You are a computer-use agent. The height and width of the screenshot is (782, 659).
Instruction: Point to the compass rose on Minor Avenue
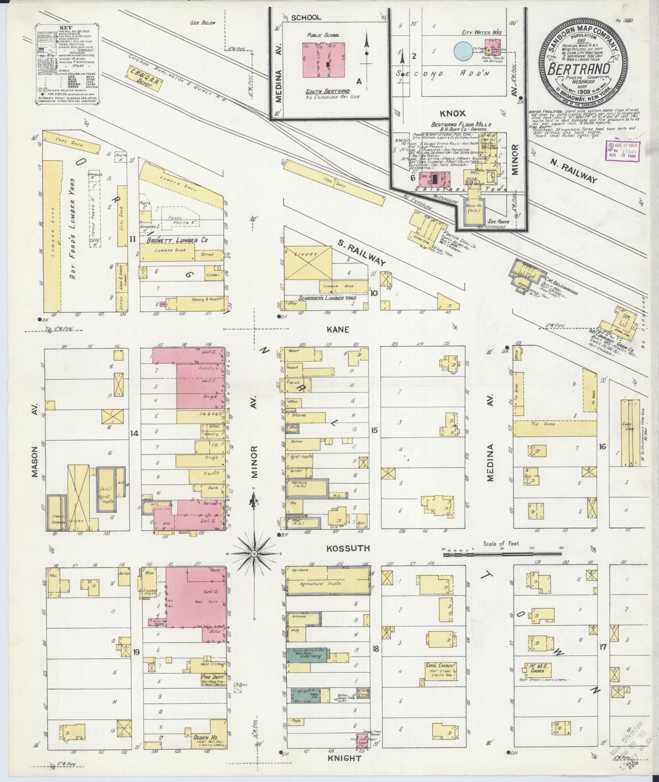coord(254,553)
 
